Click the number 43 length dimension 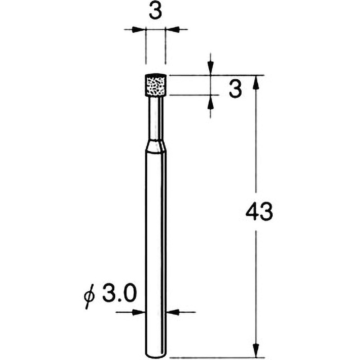coord(259,212)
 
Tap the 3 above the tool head coord(155,11)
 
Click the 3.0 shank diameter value coord(119,294)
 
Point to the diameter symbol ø coord(90,297)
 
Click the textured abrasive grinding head coord(155,85)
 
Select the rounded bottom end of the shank coord(155,355)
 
